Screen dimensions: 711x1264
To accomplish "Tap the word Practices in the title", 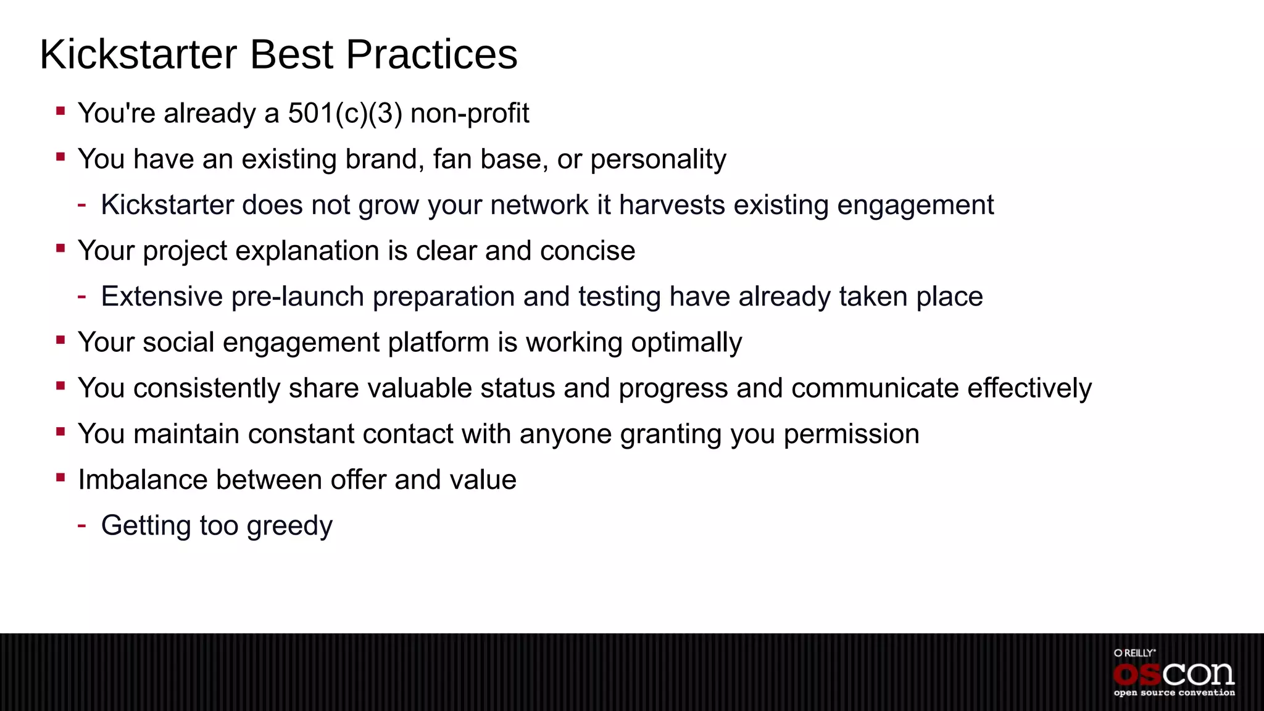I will (x=431, y=54).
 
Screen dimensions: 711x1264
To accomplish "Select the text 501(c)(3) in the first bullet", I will (x=345, y=114).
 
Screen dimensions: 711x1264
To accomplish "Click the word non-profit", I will (x=470, y=114).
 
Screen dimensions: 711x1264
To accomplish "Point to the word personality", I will (x=658, y=159).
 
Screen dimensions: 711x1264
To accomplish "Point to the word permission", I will (x=851, y=434).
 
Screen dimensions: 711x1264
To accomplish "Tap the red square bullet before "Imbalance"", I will (x=60, y=477).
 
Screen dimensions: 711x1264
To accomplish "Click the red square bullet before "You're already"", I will (x=60, y=111).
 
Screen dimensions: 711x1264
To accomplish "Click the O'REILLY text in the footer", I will (x=1134, y=652).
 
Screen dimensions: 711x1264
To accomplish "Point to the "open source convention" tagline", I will (x=1174, y=693).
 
